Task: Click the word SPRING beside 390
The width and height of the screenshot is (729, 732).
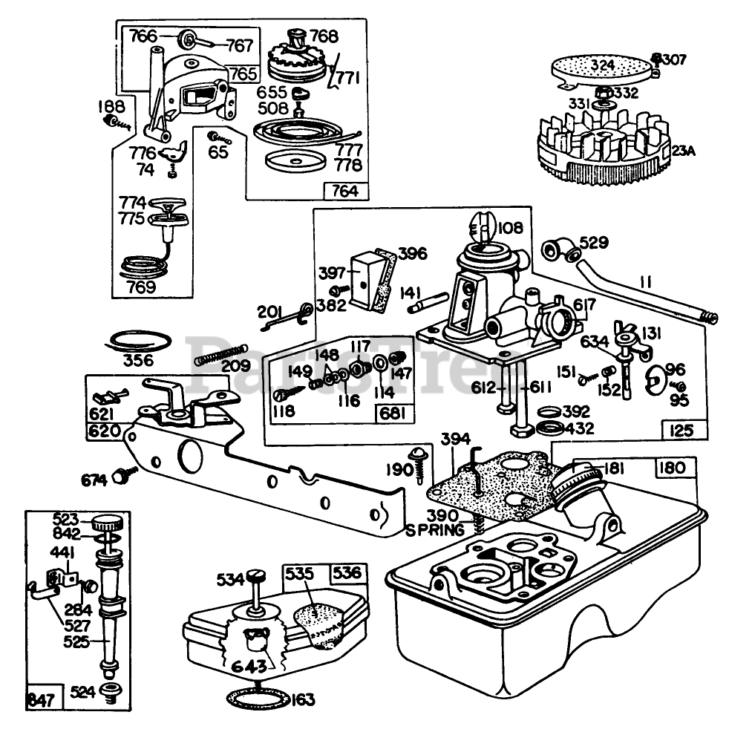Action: (x=435, y=530)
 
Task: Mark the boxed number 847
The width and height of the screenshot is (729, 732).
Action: (x=41, y=699)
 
